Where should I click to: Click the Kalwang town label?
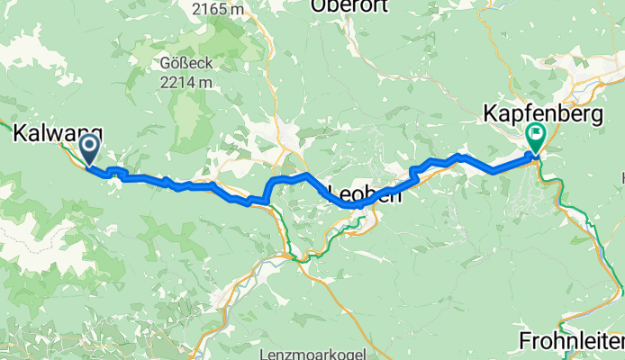coord(58,133)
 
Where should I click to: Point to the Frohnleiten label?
coord(572,341)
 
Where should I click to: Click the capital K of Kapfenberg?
coord(492,114)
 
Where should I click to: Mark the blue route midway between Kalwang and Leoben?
coord(216,187)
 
